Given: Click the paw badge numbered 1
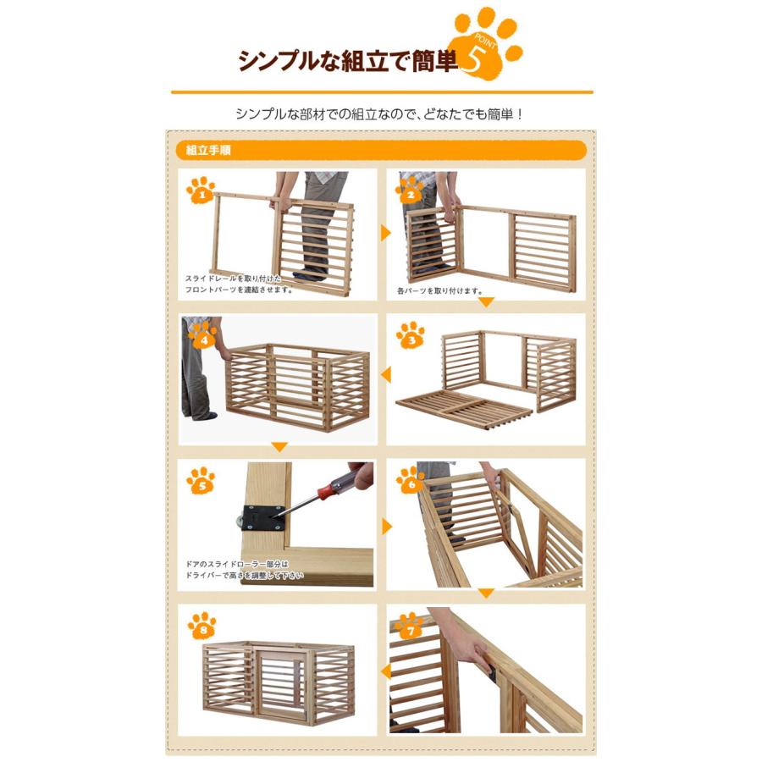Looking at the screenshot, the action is tap(201, 190).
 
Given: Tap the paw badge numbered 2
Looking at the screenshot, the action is tap(410, 190).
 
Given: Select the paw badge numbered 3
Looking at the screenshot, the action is tap(410, 335).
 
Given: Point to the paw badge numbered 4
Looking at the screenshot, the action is tap(202, 335).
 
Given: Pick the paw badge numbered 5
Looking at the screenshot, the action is tap(201, 481).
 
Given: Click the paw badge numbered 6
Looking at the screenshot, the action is tap(411, 481).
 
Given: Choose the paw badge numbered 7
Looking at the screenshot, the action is tap(410, 626).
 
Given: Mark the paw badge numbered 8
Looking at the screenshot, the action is tap(202, 626).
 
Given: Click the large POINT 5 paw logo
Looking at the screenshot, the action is tap(486, 43).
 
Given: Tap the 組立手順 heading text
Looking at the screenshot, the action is tap(208, 151).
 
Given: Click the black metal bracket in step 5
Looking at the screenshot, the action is tap(264, 518).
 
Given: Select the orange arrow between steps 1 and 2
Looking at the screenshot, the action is tap(386, 233).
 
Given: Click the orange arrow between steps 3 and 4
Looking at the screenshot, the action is tap(386, 375).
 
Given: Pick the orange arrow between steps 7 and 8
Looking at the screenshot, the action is tap(386, 671).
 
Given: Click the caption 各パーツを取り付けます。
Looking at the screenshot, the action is tap(439, 291).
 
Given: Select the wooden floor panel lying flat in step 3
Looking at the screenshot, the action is tap(465, 410).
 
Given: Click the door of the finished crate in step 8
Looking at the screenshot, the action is tap(280, 686).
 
